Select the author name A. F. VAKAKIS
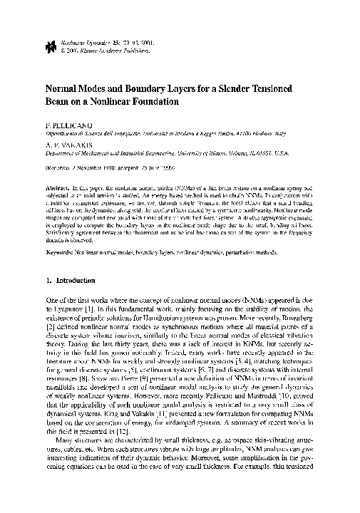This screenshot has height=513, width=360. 71,142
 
